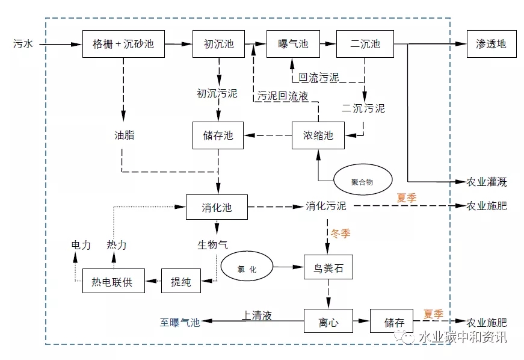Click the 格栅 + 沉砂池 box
pyautogui.click(x=123, y=44)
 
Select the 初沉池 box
pyautogui.click(x=218, y=44)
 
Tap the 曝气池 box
pyautogui.click(x=293, y=44)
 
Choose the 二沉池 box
pyautogui.click(x=366, y=44)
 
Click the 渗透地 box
pyautogui.click(x=491, y=44)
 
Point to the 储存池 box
pyautogui.click(x=218, y=135)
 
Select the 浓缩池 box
pyautogui.click(x=318, y=135)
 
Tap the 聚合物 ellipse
pyautogui.click(x=363, y=179)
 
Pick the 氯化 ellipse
pyautogui.click(x=247, y=268)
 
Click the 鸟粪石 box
pyautogui.click(x=328, y=268)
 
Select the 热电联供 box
pyautogui.click(x=114, y=281)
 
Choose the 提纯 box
pyautogui.click(x=180, y=281)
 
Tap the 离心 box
pyautogui.click(x=328, y=322)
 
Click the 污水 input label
pyautogui.click(x=23, y=44)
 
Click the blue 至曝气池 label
pyautogui.click(x=179, y=323)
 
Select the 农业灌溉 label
pyautogui.click(x=487, y=181)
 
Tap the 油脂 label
pyautogui.click(x=124, y=135)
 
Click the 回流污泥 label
pyautogui.click(x=319, y=77)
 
